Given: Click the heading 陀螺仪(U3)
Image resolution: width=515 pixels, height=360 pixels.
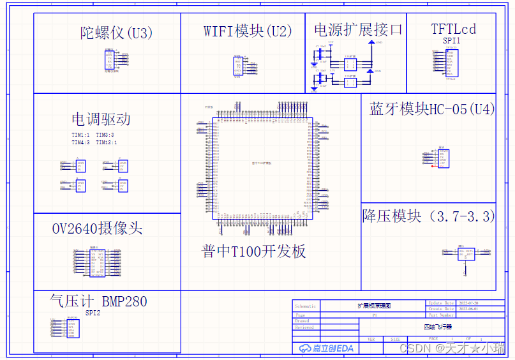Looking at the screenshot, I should pyautogui.click(x=117, y=33).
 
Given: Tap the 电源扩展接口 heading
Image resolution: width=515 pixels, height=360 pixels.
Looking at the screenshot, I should pyautogui.click(x=358, y=29).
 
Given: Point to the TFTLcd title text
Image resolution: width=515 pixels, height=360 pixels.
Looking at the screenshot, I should pyautogui.click(x=453, y=29).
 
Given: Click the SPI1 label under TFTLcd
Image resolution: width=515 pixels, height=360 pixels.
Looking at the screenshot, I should pyautogui.click(x=452, y=40).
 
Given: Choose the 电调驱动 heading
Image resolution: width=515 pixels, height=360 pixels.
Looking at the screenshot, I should pyautogui.click(x=101, y=119).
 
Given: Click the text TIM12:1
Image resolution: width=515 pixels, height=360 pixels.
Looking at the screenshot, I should pyautogui.click(x=106, y=143).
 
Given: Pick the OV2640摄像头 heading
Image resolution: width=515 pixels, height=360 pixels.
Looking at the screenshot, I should pyautogui.click(x=97, y=229).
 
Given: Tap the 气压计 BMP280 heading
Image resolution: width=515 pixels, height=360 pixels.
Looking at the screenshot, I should pyautogui.click(x=98, y=301).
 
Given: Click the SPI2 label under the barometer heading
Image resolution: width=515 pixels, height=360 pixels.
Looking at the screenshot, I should pyautogui.click(x=93, y=313).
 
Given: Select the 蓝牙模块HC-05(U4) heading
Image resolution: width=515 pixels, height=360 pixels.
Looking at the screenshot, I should pyautogui.click(x=432, y=109).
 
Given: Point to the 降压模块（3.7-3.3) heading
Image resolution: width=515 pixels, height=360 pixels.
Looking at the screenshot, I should pyautogui.click(x=428, y=216).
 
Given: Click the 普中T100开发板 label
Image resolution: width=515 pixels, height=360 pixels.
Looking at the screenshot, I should pyautogui.click(x=253, y=251).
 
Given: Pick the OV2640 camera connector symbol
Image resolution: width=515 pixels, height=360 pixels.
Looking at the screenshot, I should pyautogui.click(x=98, y=263).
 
